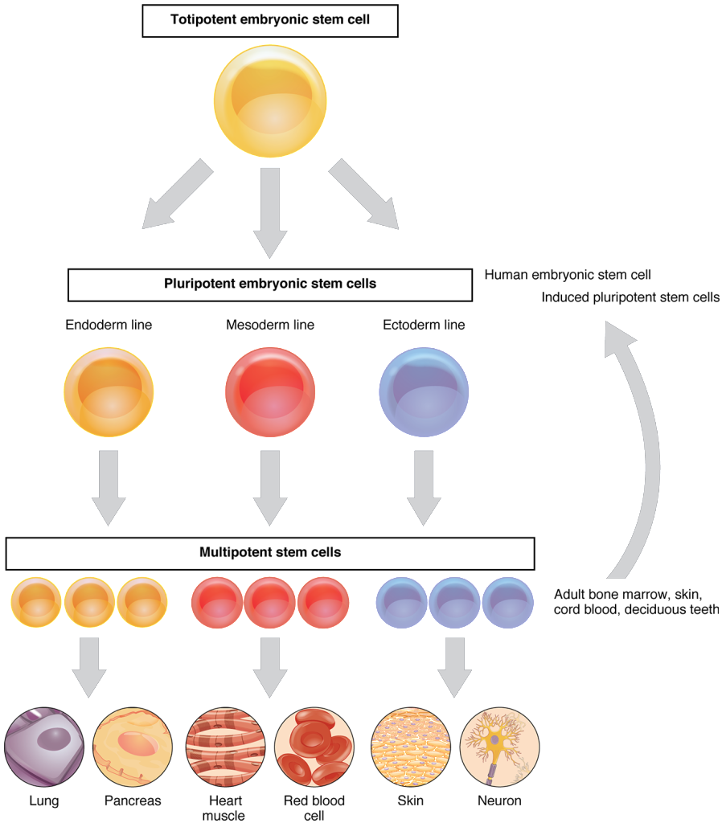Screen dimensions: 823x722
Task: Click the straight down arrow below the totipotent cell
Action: (270, 213)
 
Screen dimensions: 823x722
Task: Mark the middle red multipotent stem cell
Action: (270, 602)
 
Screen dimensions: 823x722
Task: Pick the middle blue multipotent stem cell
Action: (454, 602)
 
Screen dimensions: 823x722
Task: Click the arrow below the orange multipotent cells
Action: (89, 665)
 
